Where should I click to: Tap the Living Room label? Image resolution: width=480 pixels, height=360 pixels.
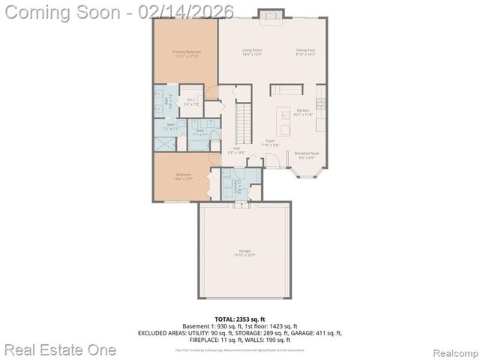(251, 52)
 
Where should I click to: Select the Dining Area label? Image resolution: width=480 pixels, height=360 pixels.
(305, 52)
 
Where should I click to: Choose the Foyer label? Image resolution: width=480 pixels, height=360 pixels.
(270, 142)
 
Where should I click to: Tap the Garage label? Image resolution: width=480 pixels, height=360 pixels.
(244, 252)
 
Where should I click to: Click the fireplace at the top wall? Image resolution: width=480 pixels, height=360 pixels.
(268, 13)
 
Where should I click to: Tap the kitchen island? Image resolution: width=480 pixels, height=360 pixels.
(284, 116)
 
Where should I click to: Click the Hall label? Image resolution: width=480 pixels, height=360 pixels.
(235, 151)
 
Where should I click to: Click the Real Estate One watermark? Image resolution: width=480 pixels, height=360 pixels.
(60, 349)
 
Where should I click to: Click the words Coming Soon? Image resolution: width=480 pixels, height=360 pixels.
(61, 10)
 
